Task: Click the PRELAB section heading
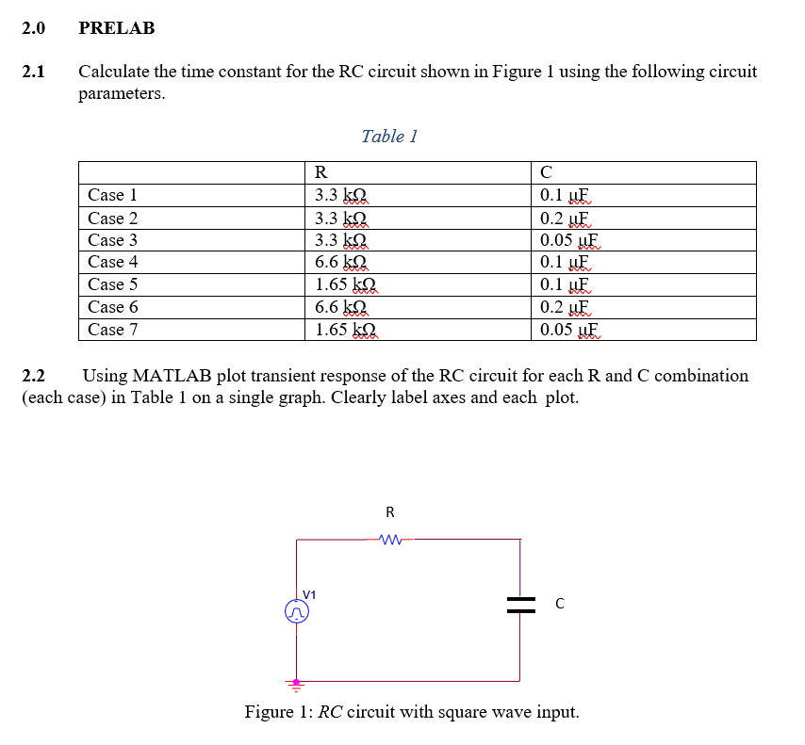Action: pyautogui.click(x=117, y=28)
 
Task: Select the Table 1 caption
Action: pyautogui.click(x=389, y=137)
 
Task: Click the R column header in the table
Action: pyautogui.click(x=320, y=172)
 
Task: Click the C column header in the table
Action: pyautogui.click(x=546, y=172)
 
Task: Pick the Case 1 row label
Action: pyautogui.click(x=112, y=195)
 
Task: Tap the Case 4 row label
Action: pyautogui.click(x=112, y=262)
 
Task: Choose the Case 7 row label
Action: pyautogui.click(x=112, y=330)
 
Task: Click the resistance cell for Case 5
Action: pyautogui.click(x=345, y=284)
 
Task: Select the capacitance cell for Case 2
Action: pyautogui.click(x=564, y=218)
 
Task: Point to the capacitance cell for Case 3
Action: pyautogui.click(x=568, y=240)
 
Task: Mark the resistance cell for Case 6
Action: pyautogui.click(x=340, y=307)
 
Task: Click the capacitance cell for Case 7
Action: pyautogui.click(x=568, y=330)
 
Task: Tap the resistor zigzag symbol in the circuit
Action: pyautogui.click(x=390, y=541)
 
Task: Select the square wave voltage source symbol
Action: pyautogui.click(x=297, y=613)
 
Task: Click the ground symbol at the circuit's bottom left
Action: pyautogui.click(x=297, y=683)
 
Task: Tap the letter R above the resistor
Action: pyautogui.click(x=390, y=512)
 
